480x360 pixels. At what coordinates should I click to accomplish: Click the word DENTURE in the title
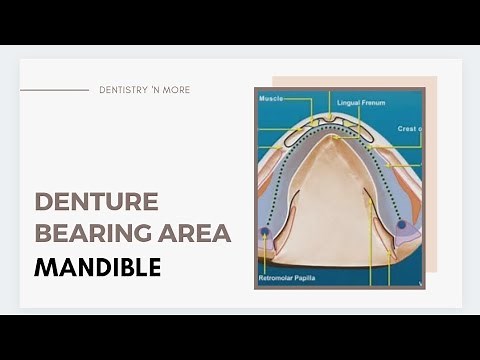[96, 202]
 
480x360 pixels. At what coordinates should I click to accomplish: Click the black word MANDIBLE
[97, 268]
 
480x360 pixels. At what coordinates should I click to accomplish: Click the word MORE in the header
[177, 90]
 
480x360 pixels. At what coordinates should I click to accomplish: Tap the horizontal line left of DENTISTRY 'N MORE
[54, 90]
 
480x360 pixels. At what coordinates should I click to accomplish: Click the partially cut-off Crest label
[409, 129]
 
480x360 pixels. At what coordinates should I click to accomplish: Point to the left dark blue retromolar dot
[265, 231]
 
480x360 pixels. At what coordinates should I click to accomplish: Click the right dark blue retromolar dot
[402, 225]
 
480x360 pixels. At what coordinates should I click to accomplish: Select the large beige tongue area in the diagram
[331, 200]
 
